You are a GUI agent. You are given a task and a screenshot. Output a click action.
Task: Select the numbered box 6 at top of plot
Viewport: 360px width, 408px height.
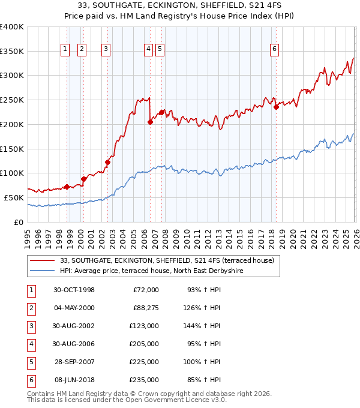click(x=274, y=50)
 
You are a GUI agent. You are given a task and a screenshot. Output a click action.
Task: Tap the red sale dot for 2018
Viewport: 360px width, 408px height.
click(x=276, y=107)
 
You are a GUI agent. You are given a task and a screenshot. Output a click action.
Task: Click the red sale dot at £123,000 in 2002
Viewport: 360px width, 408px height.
click(x=108, y=162)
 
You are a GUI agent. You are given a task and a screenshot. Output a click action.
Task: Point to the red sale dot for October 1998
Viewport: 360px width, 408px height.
click(x=67, y=187)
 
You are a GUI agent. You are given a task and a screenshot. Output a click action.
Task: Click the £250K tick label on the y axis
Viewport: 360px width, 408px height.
click(x=11, y=100)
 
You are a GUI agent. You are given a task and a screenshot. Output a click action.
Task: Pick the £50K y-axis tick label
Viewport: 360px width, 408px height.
click(x=13, y=197)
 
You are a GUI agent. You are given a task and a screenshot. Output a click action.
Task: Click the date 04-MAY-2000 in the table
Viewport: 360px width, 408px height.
click(x=74, y=308)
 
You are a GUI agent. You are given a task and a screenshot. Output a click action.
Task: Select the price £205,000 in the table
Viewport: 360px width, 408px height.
click(x=145, y=344)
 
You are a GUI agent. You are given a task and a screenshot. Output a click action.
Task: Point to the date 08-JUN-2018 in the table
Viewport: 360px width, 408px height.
click(x=74, y=380)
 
